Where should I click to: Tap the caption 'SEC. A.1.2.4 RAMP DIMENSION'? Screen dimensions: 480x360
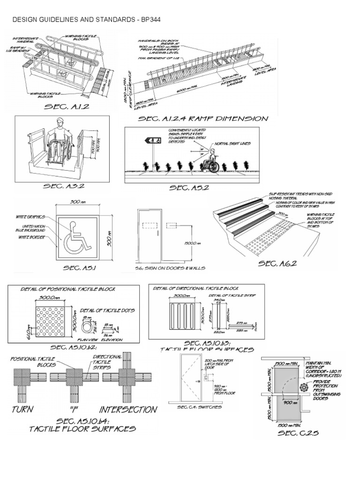click(203, 119)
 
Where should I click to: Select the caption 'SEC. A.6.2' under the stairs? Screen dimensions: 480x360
click(277, 264)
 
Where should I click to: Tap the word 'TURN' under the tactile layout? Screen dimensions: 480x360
click(22, 409)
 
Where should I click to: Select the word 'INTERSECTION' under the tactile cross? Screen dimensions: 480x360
click(127, 409)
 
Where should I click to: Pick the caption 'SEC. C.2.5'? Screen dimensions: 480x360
click(298, 433)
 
